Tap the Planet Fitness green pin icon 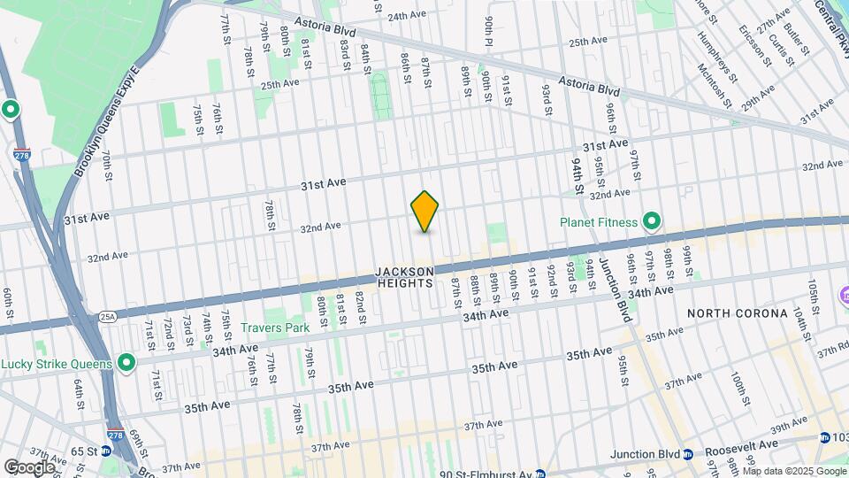[x=652, y=221]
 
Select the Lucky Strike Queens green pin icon [x=126, y=363]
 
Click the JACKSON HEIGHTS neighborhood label [x=404, y=277]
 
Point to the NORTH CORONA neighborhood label [x=737, y=313]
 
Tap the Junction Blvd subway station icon [x=687, y=455]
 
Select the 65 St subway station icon [x=105, y=451]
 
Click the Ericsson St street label [x=753, y=37]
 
